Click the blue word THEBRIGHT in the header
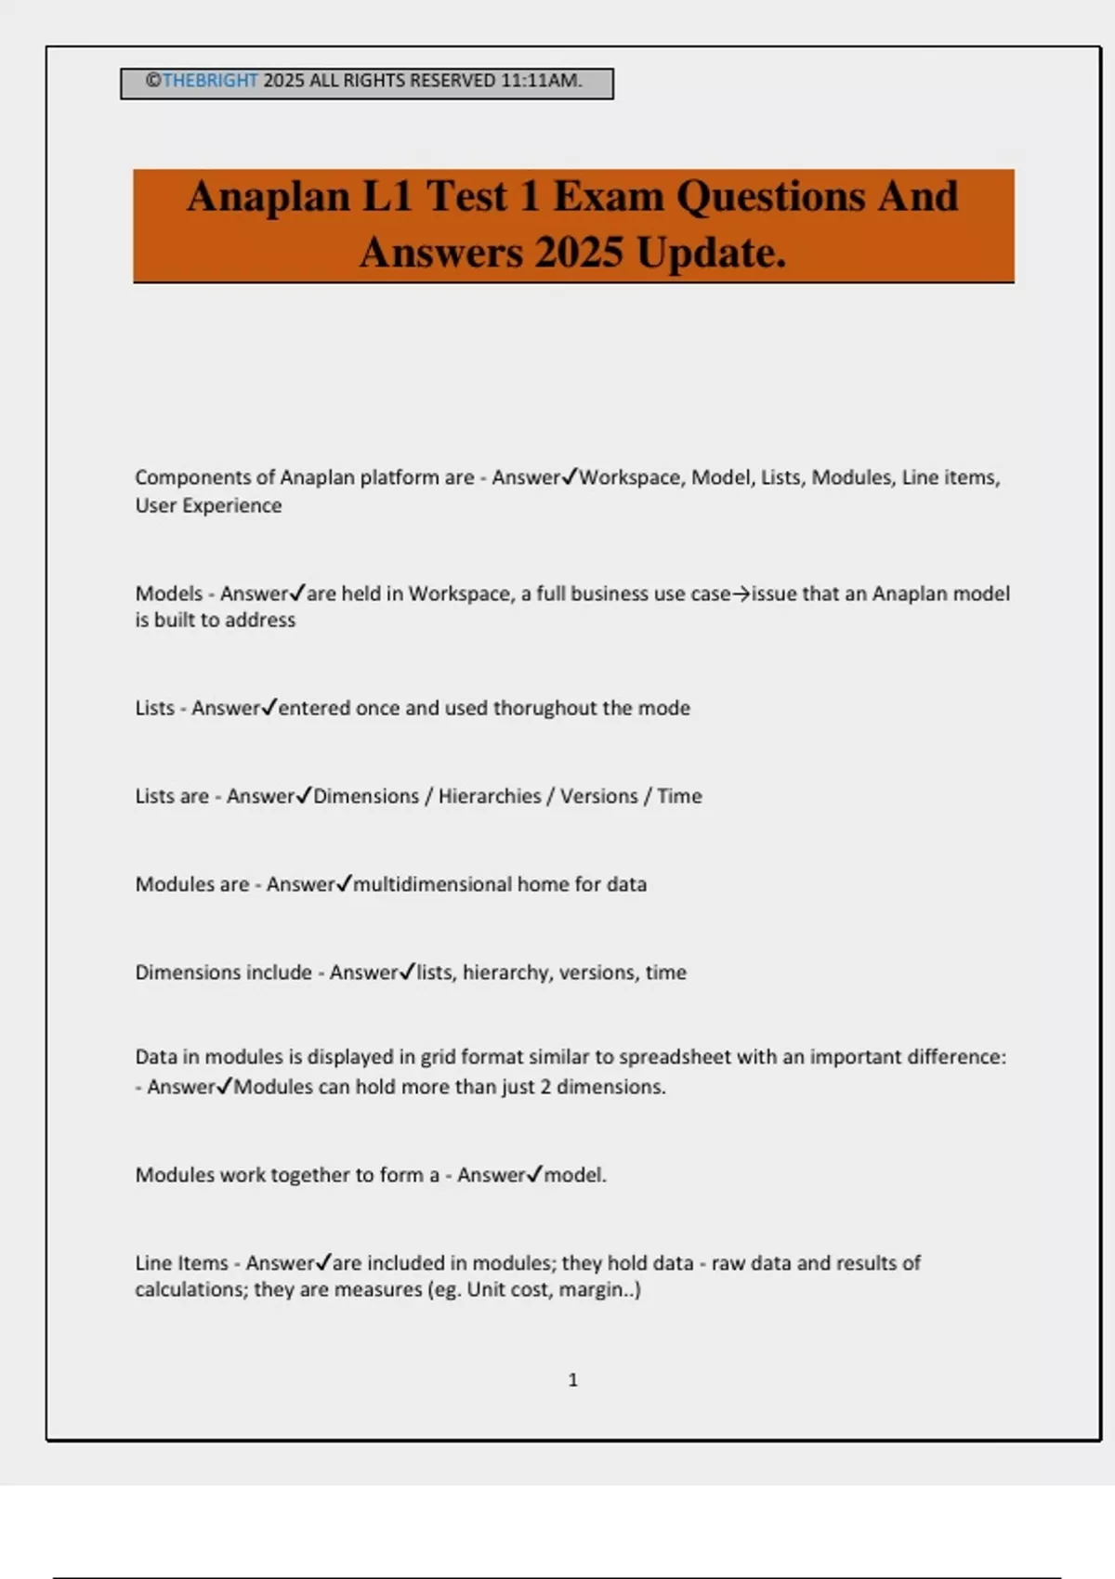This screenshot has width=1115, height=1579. click(210, 81)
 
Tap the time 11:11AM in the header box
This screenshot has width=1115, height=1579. click(541, 81)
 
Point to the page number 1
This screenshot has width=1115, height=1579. click(572, 1380)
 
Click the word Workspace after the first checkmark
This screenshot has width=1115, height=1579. click(630, 477)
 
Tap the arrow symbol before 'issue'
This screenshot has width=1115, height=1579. click(741, 594)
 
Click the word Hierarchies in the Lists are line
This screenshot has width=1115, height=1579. click(489, 796)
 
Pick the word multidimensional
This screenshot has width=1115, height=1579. click(432, 884)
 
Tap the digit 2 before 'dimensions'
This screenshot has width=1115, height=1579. click(545, 1087)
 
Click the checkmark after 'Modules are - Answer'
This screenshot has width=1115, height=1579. click(344, 883)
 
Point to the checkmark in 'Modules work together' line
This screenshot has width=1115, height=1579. click(534, 1174)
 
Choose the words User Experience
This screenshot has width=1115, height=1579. click(208, 505)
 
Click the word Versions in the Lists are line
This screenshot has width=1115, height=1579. click(598, 796)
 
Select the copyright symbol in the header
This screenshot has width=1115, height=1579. click(153, 81)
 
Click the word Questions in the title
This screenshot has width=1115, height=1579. click(772, 197)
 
